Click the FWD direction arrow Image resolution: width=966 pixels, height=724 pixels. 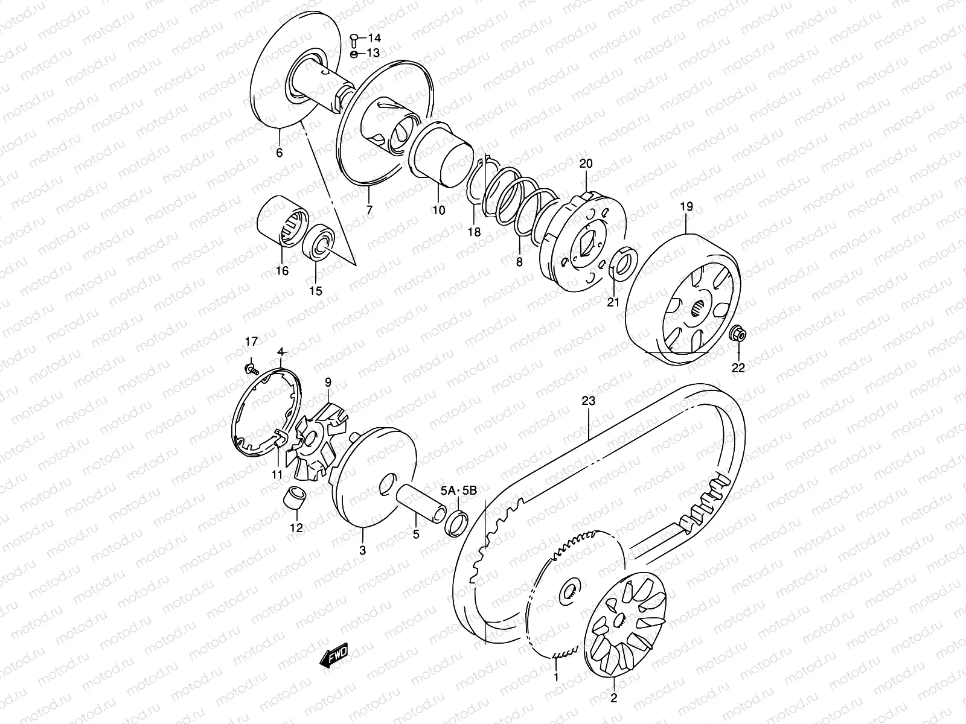point(335,656)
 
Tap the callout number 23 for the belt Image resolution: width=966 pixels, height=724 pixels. point(589,401)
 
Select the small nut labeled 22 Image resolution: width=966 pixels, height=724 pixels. point(738,333)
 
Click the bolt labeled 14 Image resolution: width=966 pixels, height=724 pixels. point(353,39)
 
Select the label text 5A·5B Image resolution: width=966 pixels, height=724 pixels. point(459,491)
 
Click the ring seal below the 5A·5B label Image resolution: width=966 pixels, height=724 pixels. point(458,522)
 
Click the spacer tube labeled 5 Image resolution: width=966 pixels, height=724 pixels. point(417,498)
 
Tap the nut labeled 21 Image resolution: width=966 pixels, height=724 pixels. point(621,262)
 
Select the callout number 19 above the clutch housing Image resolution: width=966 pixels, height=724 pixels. point(686,206)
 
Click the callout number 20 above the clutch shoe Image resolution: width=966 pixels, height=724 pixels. point(586,164)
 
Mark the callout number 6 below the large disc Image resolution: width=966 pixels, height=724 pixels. point(279,153)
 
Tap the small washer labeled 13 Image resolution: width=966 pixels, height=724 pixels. point(354,54)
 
